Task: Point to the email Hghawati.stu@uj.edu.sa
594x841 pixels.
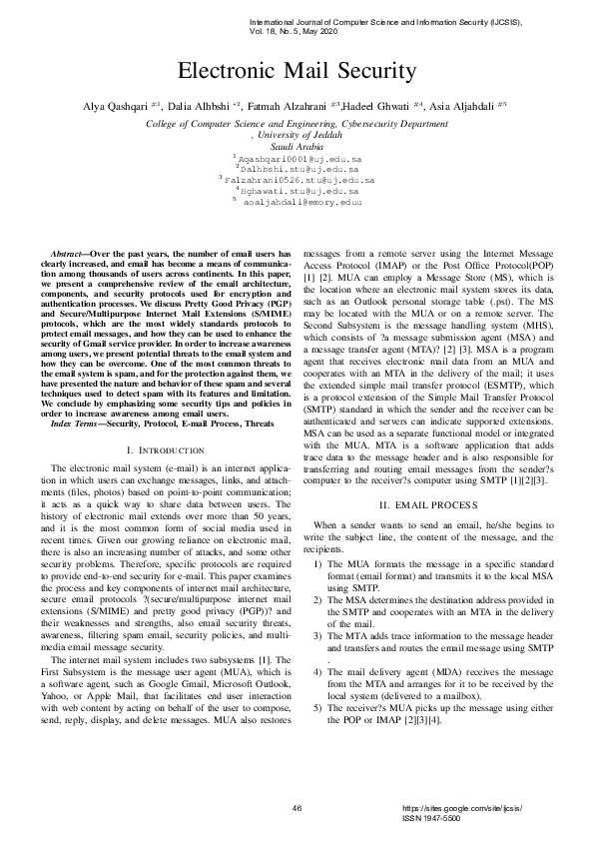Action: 300,190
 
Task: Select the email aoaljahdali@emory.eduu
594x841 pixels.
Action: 302,201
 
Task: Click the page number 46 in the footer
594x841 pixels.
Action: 297,807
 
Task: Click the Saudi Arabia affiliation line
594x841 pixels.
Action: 297,146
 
